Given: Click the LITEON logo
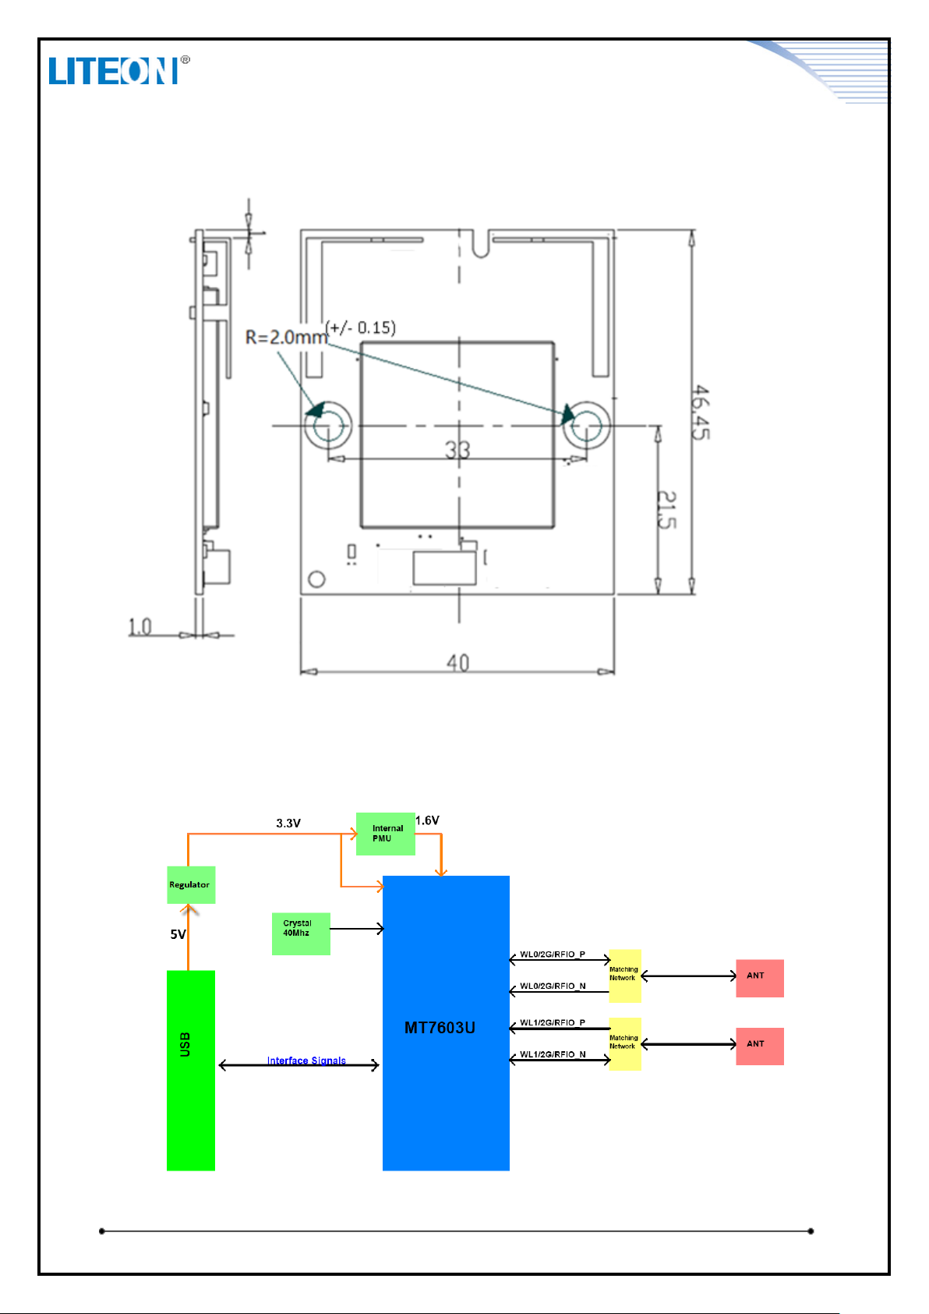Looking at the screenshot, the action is click(x=119, y=70).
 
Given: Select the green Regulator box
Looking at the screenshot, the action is click(x=191, y=884).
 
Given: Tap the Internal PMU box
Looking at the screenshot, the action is click(x=386, y=834).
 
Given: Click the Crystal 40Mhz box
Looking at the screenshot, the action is click(x=301, y=934).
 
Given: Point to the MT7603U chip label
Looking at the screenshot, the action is click(x=440, y=1028).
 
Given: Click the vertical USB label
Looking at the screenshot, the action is click(x=185, y=1045).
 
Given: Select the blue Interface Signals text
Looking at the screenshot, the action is click(x=306, y=1061).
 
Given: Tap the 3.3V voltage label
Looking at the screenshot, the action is click(x=288, y=823).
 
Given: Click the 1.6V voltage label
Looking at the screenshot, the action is click(x=427, y=820).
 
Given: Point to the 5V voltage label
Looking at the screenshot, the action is click(x=178, y=934).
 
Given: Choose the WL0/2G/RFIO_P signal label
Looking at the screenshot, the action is click(x=553, y=955).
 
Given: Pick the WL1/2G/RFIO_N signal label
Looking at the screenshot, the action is click(x=553, y=1054).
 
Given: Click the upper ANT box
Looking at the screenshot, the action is click(x=760, y=978).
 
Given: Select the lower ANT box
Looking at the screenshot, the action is click(x=760, y=1046).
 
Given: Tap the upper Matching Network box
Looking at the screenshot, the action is click(x=625, y=976).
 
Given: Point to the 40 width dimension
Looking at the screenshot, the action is click(x=457, y=663).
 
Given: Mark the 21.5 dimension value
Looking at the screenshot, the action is click(x=666, y=510).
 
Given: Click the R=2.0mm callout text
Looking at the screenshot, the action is click(x=286, y=338).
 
